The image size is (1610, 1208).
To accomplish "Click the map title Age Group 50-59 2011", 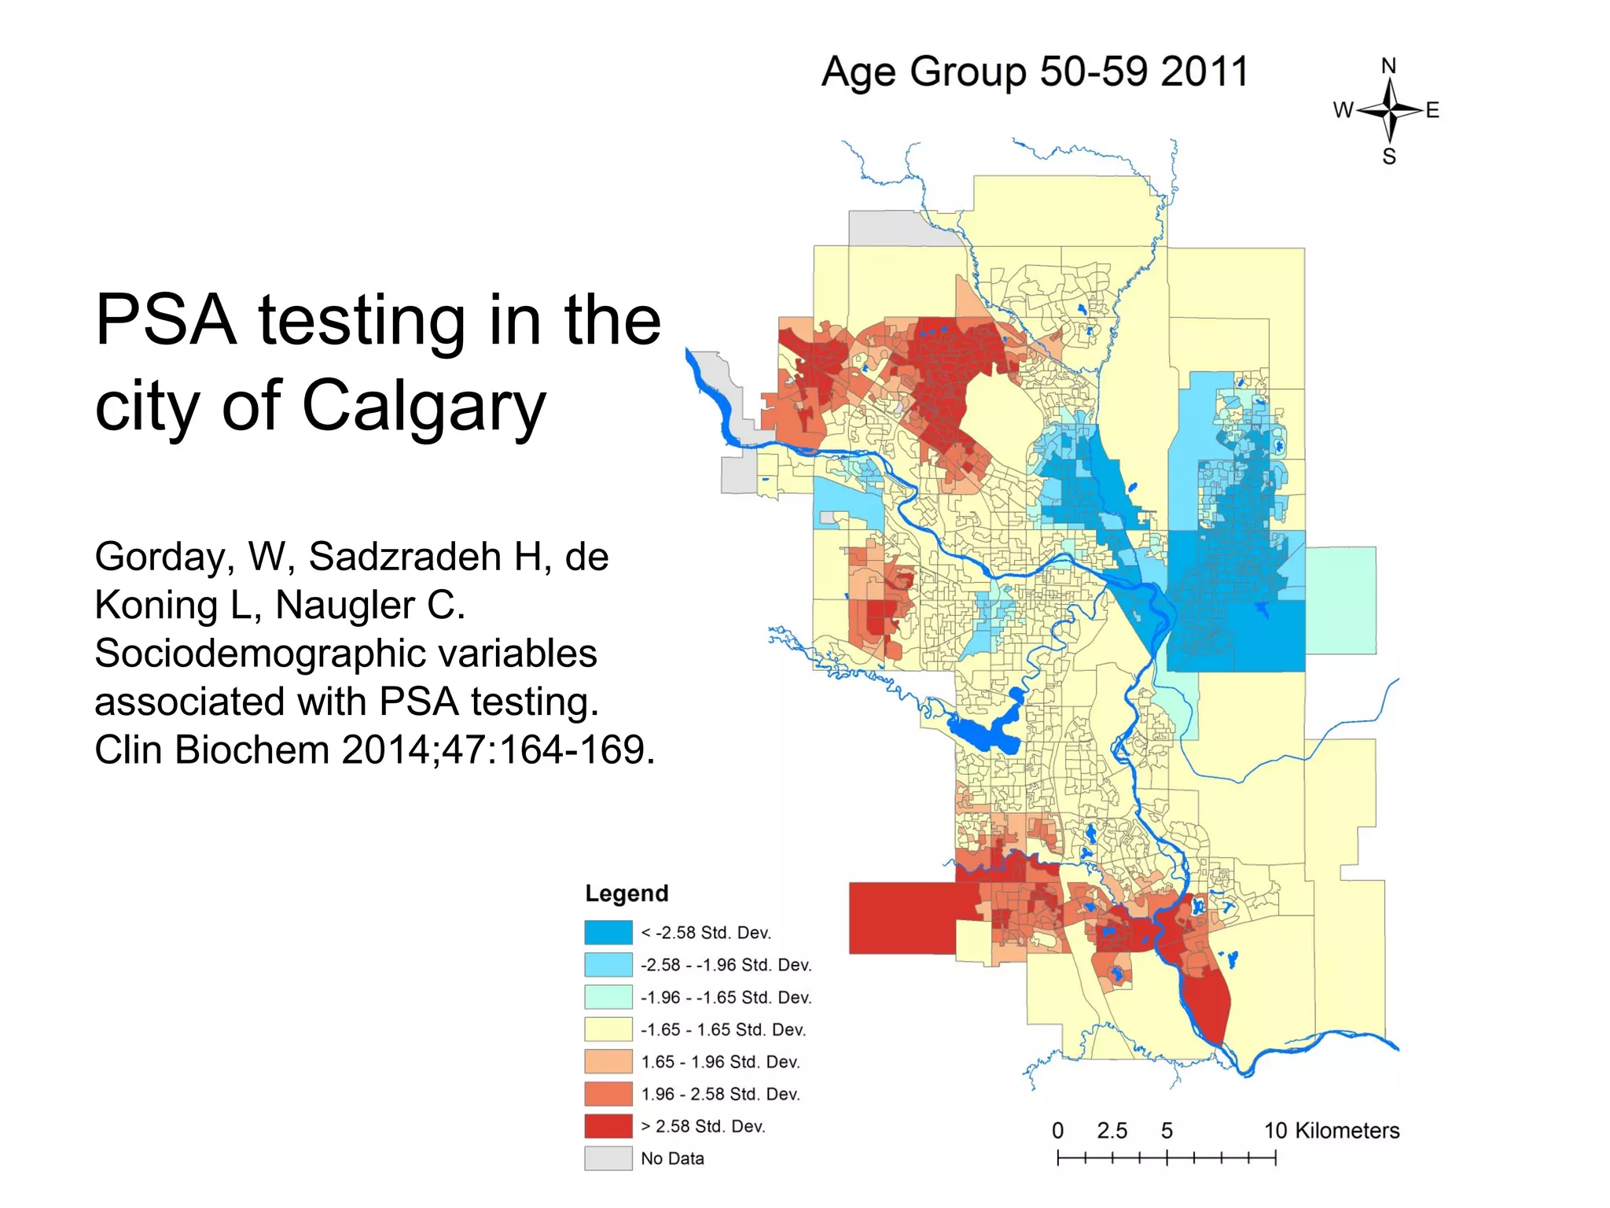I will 1035,72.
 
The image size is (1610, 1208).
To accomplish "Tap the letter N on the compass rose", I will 1389,66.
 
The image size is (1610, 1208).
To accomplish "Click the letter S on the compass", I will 1389,157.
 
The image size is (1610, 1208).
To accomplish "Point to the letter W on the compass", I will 1343,110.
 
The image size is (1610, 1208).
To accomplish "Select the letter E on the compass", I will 1432,110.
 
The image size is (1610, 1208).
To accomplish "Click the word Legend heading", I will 627,893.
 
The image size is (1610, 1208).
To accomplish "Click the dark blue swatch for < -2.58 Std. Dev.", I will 608,932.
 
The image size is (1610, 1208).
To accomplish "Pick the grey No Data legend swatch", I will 608,1158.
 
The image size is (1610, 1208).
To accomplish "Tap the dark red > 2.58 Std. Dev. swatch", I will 608,1125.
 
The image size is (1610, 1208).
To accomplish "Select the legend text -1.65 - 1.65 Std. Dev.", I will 722,1029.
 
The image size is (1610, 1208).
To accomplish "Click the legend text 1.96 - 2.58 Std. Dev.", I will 720,1094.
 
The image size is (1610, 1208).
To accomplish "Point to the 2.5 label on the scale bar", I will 1112,1131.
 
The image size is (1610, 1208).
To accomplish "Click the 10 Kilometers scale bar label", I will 1332,1131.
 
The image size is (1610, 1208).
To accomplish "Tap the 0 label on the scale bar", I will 1057,1131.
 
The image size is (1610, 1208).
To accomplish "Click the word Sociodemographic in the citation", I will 345,654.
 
